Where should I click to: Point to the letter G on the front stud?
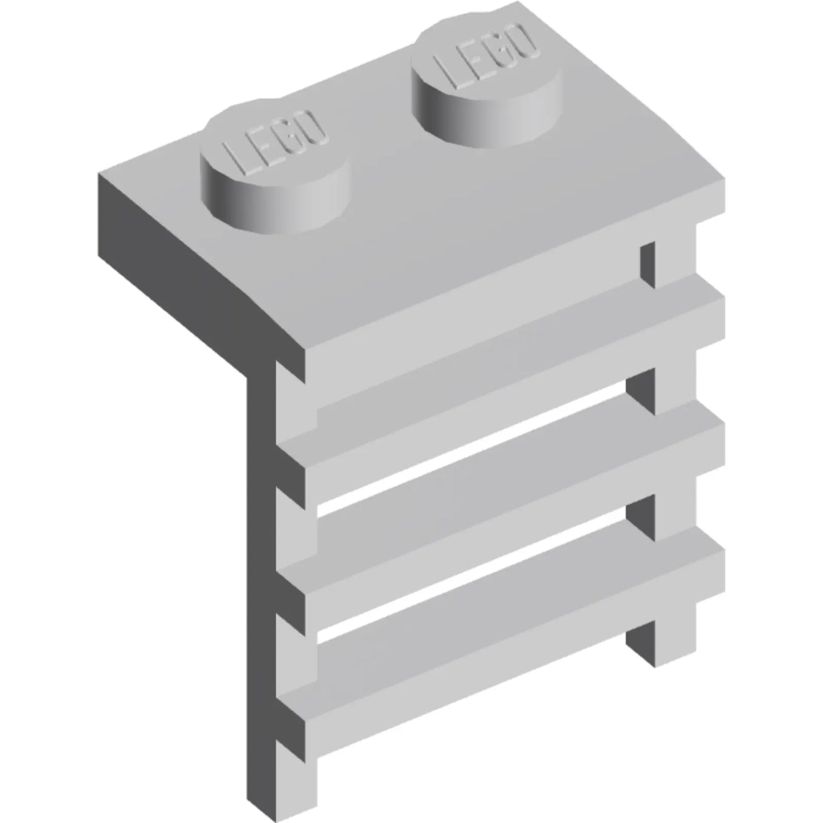(x=288, y=137)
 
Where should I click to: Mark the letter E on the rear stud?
(x=472, y=60)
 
